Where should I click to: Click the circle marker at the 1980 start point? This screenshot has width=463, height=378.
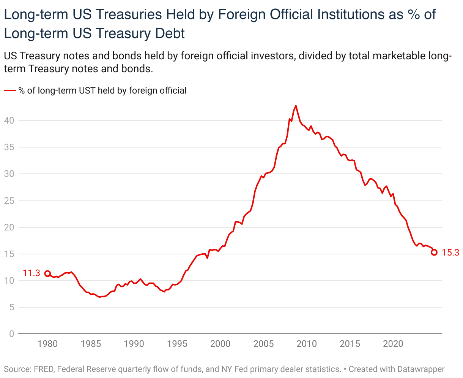(47, 273)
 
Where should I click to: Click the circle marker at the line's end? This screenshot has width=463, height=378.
(434, 252)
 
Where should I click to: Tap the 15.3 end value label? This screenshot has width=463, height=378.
(450, 253)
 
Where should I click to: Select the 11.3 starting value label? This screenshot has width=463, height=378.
(31, 273)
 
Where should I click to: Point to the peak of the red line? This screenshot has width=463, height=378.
(296, 106)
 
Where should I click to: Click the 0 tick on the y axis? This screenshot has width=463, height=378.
(11, 334)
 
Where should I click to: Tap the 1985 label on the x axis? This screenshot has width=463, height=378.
(91, 344)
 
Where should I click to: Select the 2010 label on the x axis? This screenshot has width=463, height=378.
(306, 344)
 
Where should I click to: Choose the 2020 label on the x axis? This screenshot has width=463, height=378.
(393, 344)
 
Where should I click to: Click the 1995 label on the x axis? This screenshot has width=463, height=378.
(177, 344)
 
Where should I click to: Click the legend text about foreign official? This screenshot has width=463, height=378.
(102, 91)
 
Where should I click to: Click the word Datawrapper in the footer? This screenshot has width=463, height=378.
(421, 368)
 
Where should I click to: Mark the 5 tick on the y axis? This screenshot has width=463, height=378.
(11, 307)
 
